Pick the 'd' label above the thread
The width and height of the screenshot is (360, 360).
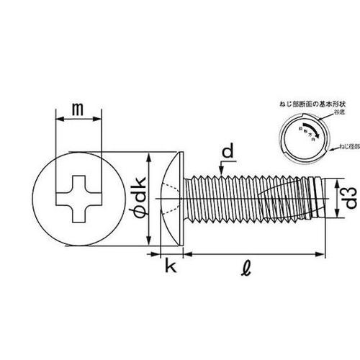coord(227,152)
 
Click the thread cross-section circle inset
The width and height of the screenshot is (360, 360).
coord(302,133)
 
